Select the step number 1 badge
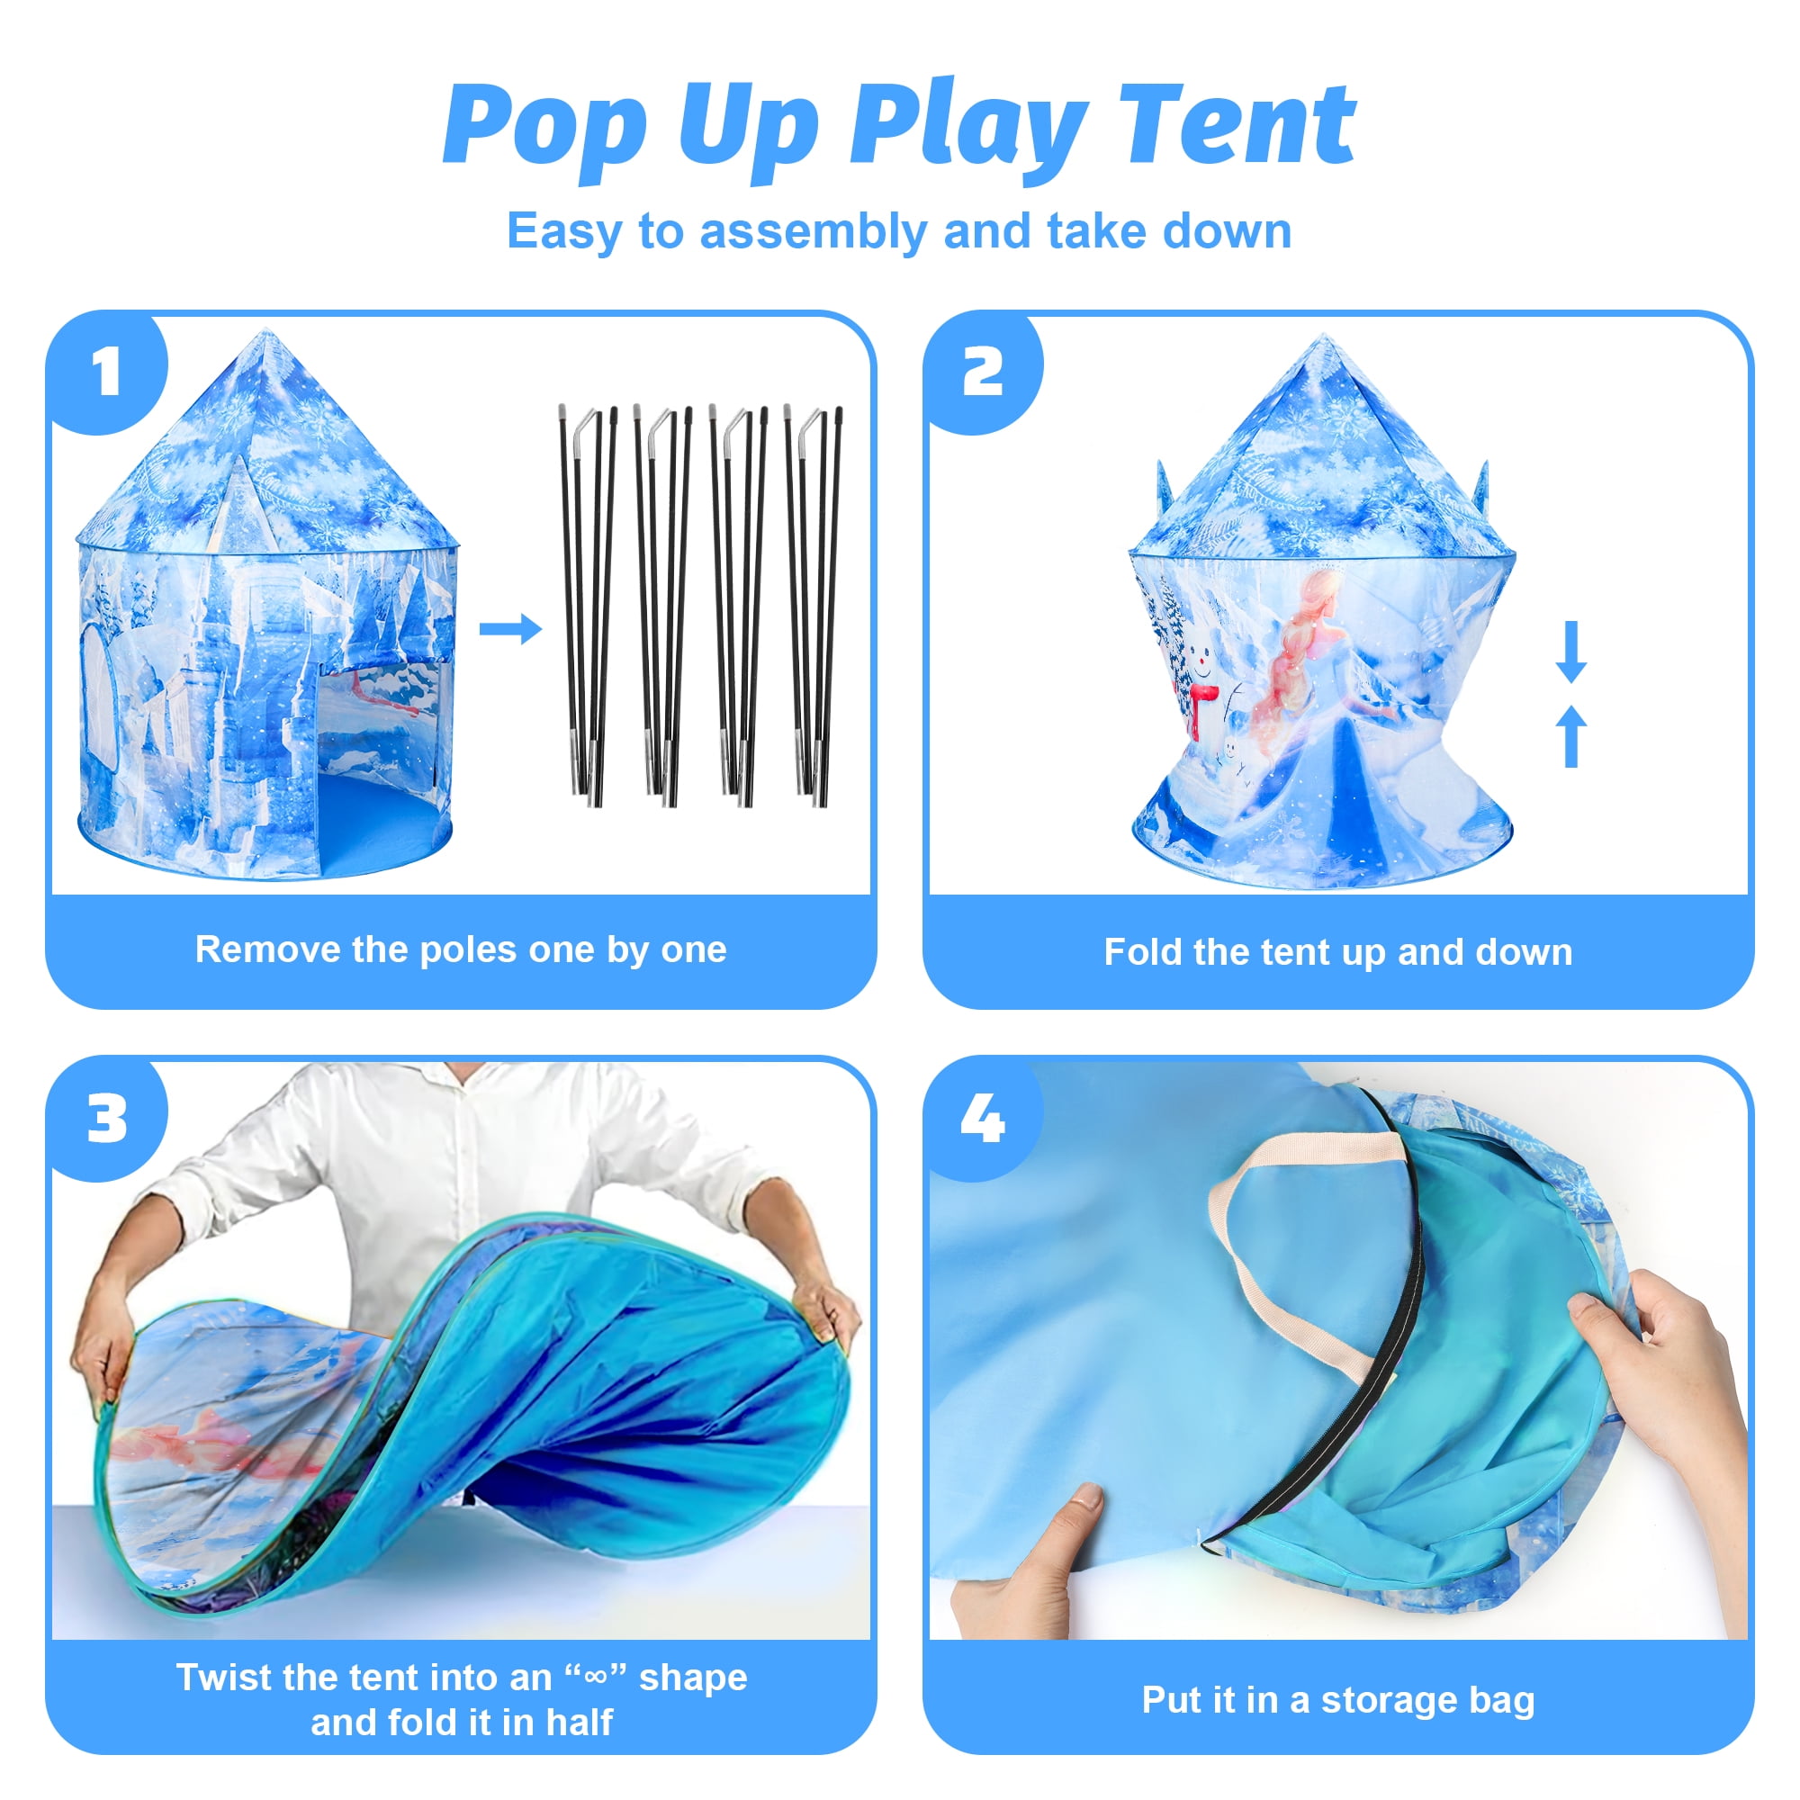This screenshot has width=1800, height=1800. click(x=108, y=373)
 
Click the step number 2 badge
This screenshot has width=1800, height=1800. click(x=983, y=373)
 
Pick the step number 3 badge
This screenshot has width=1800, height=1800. click(x=108, y=1119)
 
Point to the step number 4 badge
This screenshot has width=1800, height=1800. click(x=983, y=1119)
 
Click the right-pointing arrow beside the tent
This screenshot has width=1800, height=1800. click(x=510, y=629)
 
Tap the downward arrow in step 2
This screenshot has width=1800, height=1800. click(x=1570, y=652)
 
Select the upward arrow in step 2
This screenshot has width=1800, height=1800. click(x=1570, y=736)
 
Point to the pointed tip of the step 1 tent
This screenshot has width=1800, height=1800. click(x=266, y=329)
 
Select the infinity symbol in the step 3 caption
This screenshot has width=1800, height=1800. click(x=594, y=1676)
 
